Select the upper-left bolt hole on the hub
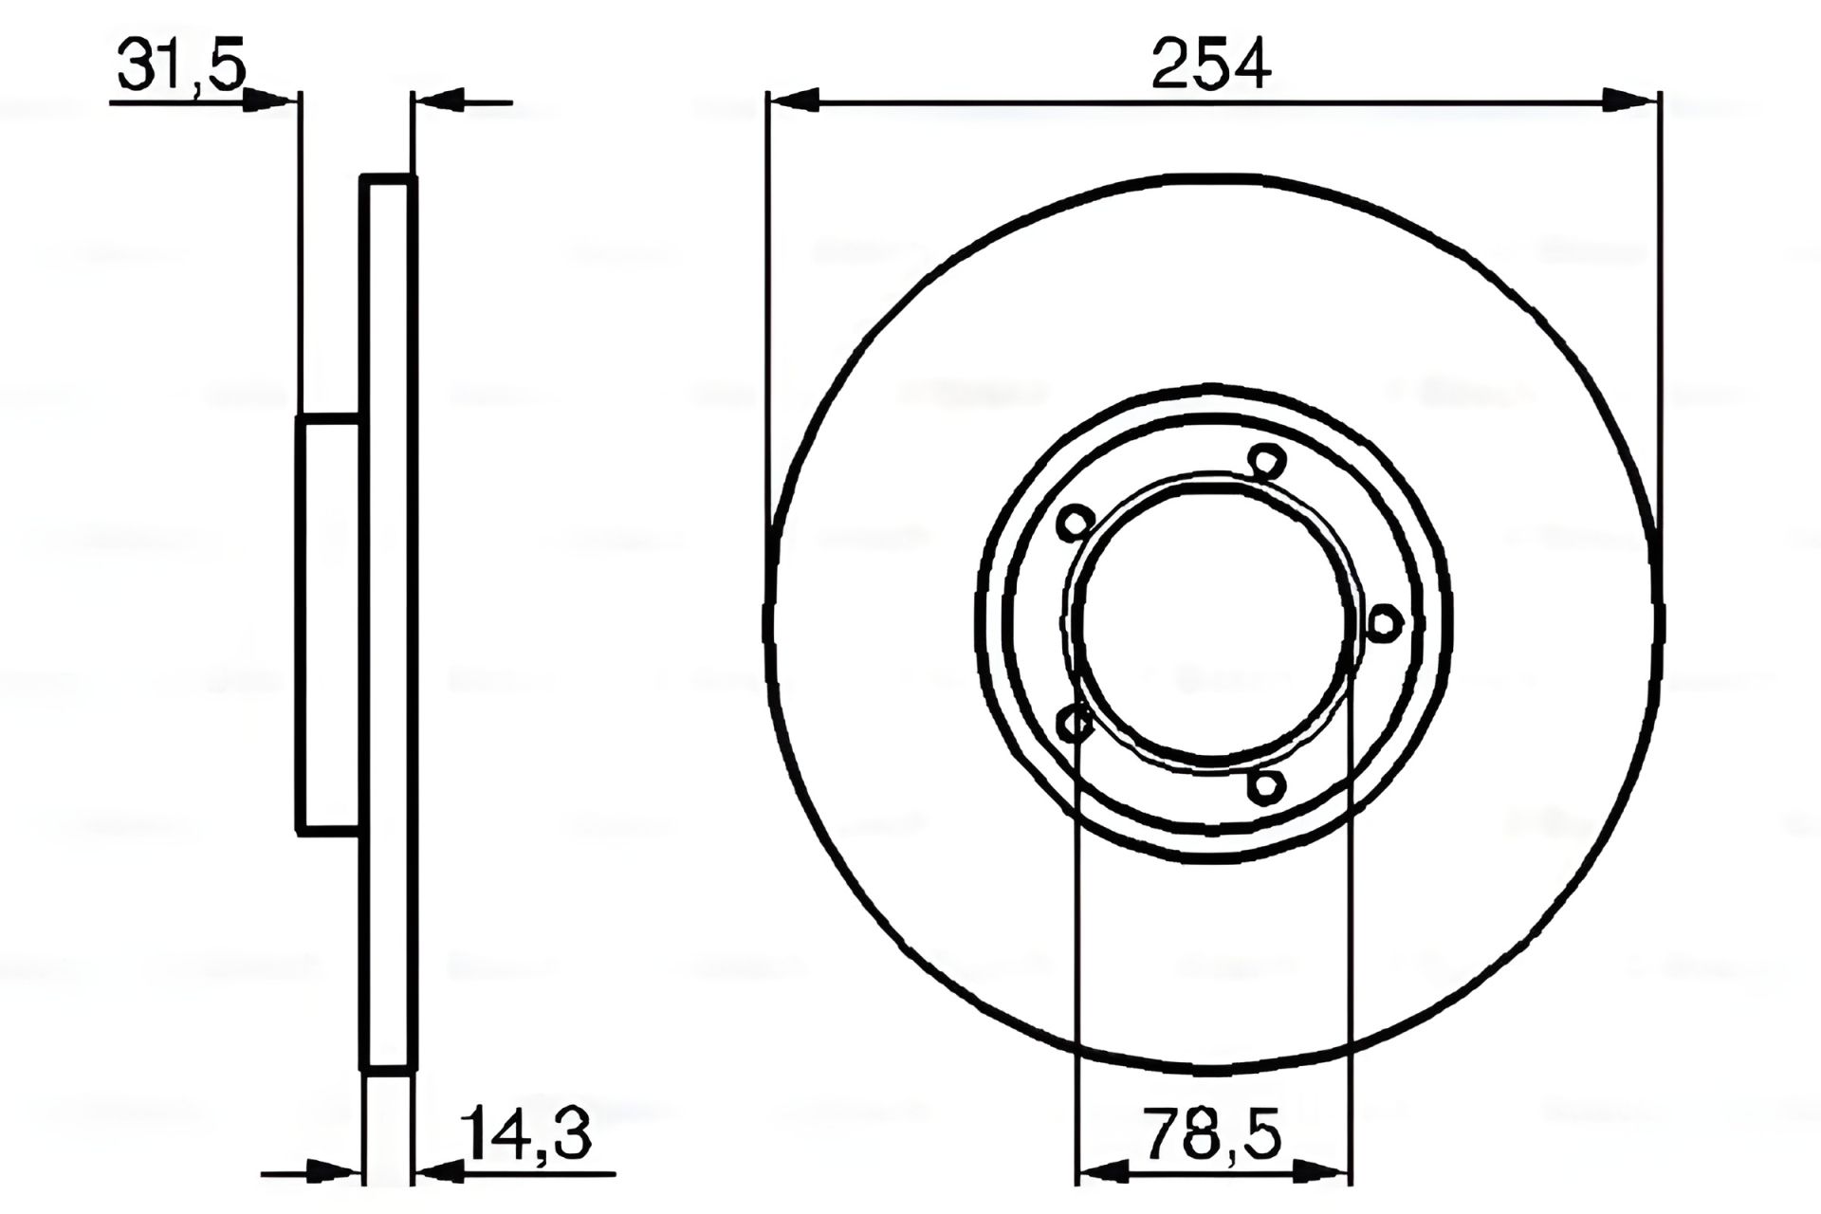1076,522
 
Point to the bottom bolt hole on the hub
1266,785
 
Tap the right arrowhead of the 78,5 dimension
1328,1173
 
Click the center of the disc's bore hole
1213,621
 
